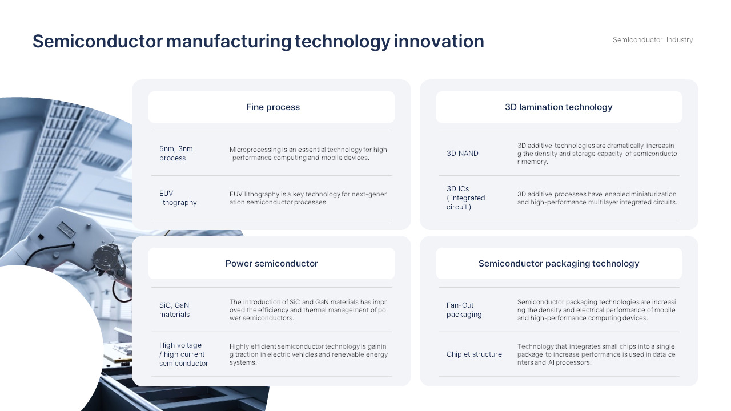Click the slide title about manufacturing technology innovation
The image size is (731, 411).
point(258,41)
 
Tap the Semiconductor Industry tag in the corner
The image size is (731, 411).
point(653,40)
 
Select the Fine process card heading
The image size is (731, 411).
point(272,107)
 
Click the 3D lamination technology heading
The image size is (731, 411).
point(559,107)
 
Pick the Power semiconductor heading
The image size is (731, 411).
point(271,264)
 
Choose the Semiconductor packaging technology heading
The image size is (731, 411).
point(559,264)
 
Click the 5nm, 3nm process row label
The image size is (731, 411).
point(176,154)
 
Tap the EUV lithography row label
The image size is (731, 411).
point(178,198)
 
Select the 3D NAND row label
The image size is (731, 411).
point(463,154)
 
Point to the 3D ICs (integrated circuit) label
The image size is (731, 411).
point(465,198)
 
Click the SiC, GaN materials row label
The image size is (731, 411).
point(174,310)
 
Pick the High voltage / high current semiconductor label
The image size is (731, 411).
point(183,354)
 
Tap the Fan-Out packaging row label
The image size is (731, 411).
point(464,310)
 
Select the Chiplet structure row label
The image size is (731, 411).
point(474,354)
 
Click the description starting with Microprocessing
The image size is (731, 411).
point(308,154)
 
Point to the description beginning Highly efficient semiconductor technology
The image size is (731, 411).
point(308,354)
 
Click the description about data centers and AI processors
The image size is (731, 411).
point(596,354)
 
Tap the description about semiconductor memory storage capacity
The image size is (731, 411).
point(597,154)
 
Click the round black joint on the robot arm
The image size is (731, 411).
point(105,258)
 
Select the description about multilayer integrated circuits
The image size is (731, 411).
point(597,198)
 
